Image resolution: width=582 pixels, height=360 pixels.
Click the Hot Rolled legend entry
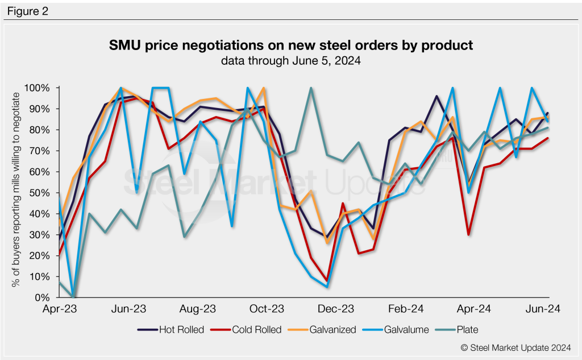pos(170,329)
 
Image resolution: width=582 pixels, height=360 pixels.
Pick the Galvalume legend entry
pos(404,329)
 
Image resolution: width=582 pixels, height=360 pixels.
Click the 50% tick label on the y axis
pos(41,193)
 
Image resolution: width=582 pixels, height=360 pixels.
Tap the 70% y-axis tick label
pos(41,151)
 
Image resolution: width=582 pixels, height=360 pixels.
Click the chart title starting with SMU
pos(291,45)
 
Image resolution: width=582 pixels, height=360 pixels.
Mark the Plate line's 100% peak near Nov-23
pos(311,88)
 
